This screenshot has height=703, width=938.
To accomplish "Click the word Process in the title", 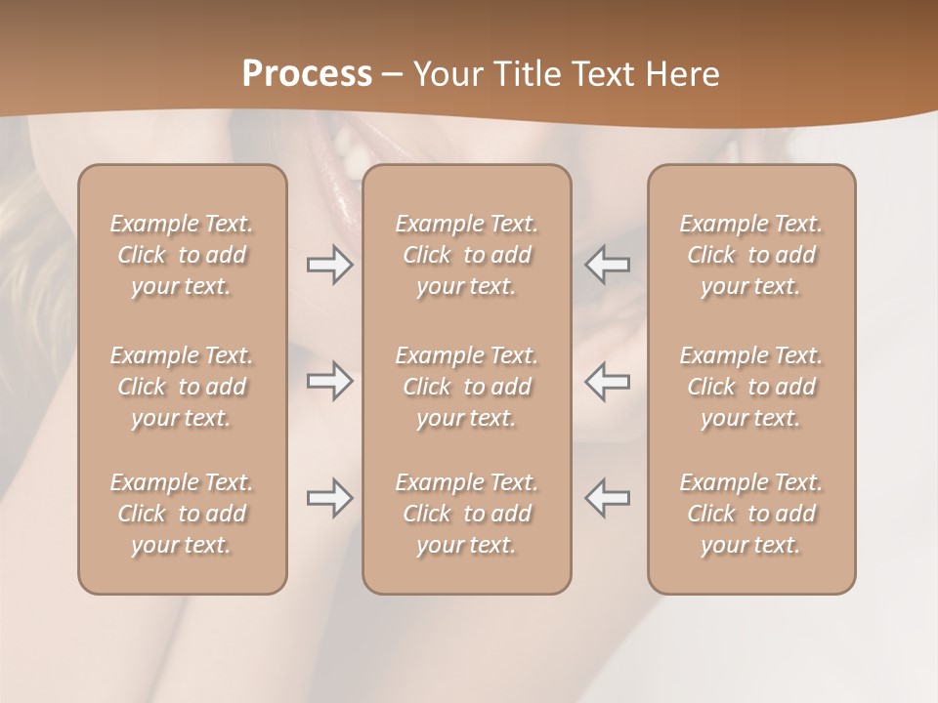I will tap(307, 74).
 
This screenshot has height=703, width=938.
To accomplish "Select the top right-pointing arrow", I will tap(330, 265).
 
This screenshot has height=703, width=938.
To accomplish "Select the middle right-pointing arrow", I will tap(330, 381).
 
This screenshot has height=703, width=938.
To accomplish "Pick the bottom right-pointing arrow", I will tap(330, 498).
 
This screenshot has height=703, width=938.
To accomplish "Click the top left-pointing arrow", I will tap(607, 265).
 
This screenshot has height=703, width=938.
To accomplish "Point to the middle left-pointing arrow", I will tap(607, 381).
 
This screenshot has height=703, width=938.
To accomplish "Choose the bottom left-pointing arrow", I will tap(607, 498).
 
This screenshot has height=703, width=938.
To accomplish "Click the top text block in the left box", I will tap(182, 255).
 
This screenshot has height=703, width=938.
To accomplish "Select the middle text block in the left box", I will tap(182, 387).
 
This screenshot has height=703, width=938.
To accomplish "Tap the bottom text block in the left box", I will tap(182, 514).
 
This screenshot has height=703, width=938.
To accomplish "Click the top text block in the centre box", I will tap(467, 255).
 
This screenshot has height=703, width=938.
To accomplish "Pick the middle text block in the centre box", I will tap(467, 387).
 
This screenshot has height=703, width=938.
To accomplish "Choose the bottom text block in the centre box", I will tap(467, 514).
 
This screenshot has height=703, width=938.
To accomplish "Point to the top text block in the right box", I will tap(751, 255).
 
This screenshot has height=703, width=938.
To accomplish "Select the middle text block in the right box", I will tap(751, 387).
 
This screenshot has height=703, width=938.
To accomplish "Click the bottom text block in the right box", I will tap(751, 514).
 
